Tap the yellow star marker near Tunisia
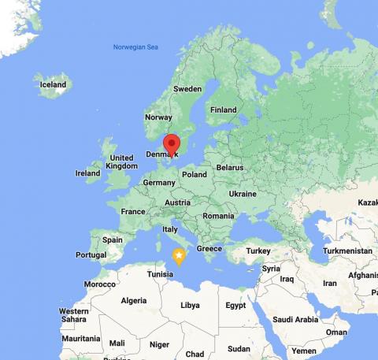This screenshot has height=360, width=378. (x=179, y=256)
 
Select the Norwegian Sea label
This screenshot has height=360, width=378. (x=135, y=47)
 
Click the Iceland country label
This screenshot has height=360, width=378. (x=53, y=84)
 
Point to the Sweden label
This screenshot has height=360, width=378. (x=187, y=89)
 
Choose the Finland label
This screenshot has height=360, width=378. (x=223, y=109)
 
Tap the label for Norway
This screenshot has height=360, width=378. (x=158, y=117)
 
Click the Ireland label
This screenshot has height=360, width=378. (x=87, y=173)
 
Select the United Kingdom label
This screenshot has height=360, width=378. (x=121, y=161)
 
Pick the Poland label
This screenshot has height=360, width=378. (x=194, y=174)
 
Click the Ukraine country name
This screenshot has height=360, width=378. (x=243, y=194)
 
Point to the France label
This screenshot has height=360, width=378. (x=132, y=211)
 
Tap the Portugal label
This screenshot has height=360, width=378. (x=91, y=254)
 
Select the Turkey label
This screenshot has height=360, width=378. (x=258, y=251)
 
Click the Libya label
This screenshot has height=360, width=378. (x=190, y=305)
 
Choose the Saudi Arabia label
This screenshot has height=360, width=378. (x=296, y=319)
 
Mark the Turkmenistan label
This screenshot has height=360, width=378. (x=346, y=251)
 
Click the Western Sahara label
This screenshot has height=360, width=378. (x=73, y=315)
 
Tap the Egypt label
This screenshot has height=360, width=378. (x=235, y=305)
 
